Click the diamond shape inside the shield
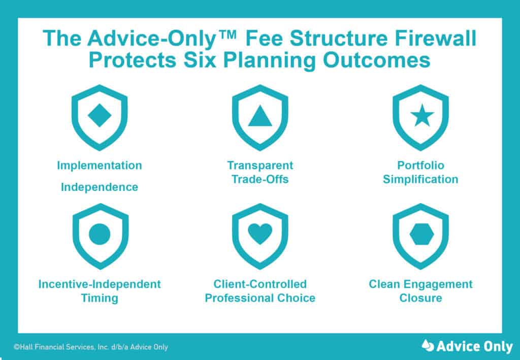point(100,116)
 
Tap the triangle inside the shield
point(260,117)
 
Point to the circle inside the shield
point(100,234)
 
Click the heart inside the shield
point(260,234)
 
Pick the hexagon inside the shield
point(420,234)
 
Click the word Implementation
point(100,166)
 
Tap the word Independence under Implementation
point(100,187)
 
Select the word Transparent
point(260,166)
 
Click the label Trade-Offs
point(260,179)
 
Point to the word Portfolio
point(420,166)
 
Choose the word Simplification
point(420,179)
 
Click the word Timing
point(100,298)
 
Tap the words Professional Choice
point(260,298)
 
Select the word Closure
point(420,298)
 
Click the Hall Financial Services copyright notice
point(91,347)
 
